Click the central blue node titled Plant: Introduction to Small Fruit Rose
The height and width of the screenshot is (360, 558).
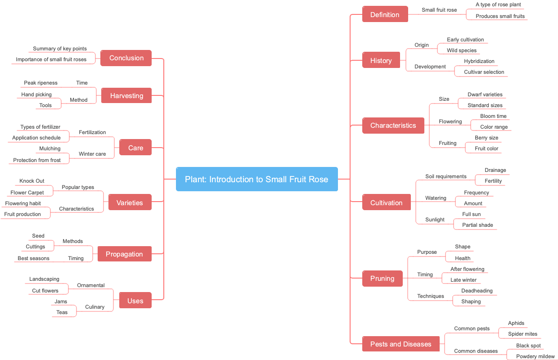pos(256,179)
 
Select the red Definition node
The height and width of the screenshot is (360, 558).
pos(385,15)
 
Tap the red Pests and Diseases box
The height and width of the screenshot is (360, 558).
pos(400,344)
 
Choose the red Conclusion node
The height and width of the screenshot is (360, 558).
pos(126,58)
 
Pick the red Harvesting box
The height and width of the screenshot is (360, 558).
pos(126,96)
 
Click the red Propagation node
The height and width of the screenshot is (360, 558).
pos(124,254)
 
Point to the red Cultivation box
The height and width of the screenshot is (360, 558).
pos(386,203)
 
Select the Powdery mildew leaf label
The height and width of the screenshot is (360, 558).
pos(535,356)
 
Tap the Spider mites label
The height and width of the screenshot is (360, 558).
pos(522,334)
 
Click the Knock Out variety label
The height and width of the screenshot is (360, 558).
pos(32,181)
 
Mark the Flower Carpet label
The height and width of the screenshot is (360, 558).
pos(27,193)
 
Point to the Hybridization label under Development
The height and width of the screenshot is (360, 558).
pos(479,61)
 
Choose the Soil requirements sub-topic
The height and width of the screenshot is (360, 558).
pos(445,176)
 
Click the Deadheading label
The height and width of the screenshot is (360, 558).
pos(477,291)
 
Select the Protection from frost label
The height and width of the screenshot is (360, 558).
pos(37,160)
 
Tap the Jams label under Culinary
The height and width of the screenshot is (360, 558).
pos(61,301)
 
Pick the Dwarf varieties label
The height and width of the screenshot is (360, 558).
pos(485,94)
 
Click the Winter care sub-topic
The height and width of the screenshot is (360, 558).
pos(92,154)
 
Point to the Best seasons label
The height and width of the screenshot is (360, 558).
pos(33,258)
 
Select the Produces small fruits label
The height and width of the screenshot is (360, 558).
pos(500,16)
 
